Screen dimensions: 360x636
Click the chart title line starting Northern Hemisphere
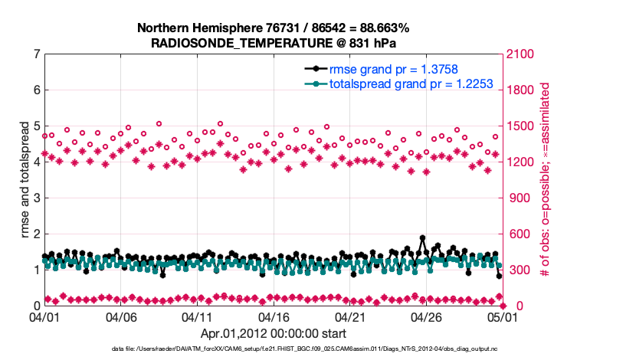pyautogui.click(x=273, y=28)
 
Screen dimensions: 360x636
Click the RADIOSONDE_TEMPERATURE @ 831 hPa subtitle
pyautogui.click(x=273, y=42)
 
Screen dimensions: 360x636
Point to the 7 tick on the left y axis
pyautogui.click(x=36, y=54)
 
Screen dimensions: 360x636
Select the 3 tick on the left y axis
pyautogui.click(x=36, y=198)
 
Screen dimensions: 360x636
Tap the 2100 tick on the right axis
pyautogui.click(x=521, y=54)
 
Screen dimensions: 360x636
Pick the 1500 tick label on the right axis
pyautogui.click(x=521, y=126)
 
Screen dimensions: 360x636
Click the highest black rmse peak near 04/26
pyautogui.click(x=422, y=238)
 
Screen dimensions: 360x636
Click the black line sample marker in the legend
pyautogui.click(x=313, y=70)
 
